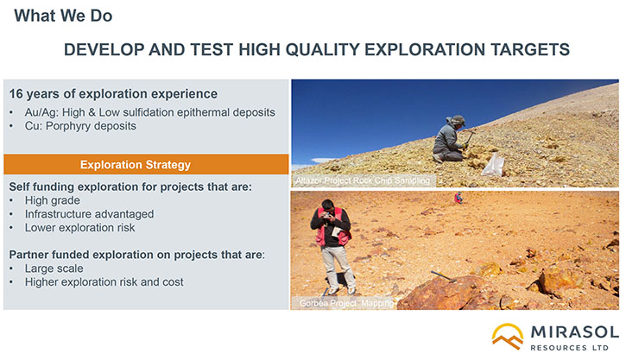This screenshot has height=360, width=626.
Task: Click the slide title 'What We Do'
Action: click(x=63, y=16)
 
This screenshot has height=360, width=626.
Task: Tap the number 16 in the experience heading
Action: click(x=16, y=94)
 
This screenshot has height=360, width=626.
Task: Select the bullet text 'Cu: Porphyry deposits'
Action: click(x=80, y=126)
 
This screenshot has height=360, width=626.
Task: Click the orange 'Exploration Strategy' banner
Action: click(x=146, y=164)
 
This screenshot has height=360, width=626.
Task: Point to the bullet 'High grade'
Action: click(x=53, y=200)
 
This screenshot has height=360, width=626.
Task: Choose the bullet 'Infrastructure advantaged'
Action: click(x=89, y=214)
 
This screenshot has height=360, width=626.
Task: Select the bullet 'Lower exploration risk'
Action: click(x=79, y=228)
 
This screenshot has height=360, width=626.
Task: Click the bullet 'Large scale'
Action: click(x=54, y=268)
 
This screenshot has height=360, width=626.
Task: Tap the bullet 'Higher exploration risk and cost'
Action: click(x=104, y=282)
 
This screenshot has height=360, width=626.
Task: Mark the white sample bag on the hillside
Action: click(x=493, y=164)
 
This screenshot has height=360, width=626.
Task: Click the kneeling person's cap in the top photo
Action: click(x=458, y=119)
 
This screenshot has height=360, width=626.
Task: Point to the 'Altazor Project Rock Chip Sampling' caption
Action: click(x=363, y=180)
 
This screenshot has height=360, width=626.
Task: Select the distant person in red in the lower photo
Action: click(x=458, y=198)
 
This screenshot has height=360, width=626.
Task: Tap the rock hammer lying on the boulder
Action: click(x=443, y=276)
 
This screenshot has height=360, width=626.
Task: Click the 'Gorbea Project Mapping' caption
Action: click(x=346, y=303)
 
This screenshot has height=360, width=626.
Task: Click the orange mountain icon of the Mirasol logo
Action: click(x=508, y=336)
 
